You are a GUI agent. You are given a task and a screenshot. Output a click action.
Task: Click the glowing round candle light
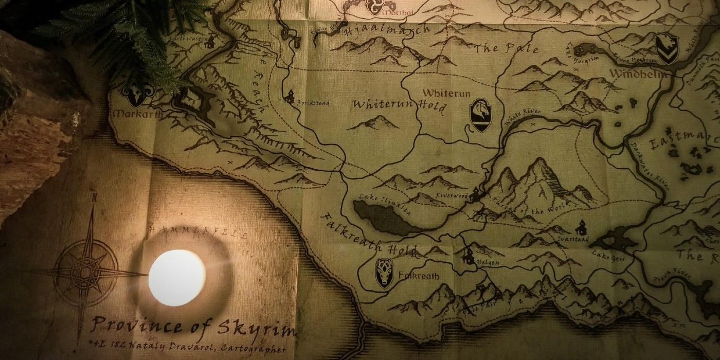coord(176,277)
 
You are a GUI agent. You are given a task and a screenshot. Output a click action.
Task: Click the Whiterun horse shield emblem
coord(480,115)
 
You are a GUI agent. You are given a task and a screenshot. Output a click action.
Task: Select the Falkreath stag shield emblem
coord(384,272)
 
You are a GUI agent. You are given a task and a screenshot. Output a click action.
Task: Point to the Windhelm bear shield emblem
coord(667,48)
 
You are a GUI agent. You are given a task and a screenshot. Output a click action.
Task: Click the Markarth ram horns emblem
coord(137,94)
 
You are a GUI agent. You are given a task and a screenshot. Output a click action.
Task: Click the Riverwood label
coord(451,195)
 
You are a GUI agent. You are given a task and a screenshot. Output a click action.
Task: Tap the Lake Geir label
coord(608,257)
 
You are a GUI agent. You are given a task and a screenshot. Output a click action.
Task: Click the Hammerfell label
coord(197,231)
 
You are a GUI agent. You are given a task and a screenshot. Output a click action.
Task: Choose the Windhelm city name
coord(638,74)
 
